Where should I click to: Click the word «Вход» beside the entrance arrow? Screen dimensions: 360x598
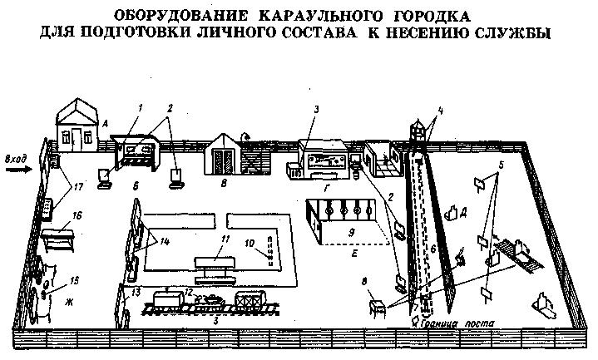pyautogui.click(x=17, y=155)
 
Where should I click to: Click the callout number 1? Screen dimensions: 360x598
pyautogui.click(x=141, y=107)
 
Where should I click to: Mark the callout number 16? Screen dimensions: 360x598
pyautogui.click(x=77, y=214)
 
